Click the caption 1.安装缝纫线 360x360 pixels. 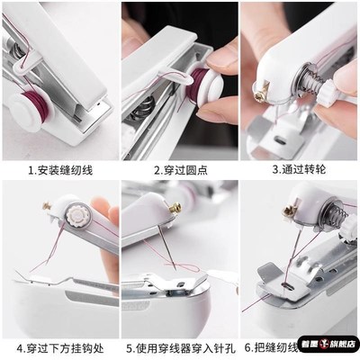(60, 168)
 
